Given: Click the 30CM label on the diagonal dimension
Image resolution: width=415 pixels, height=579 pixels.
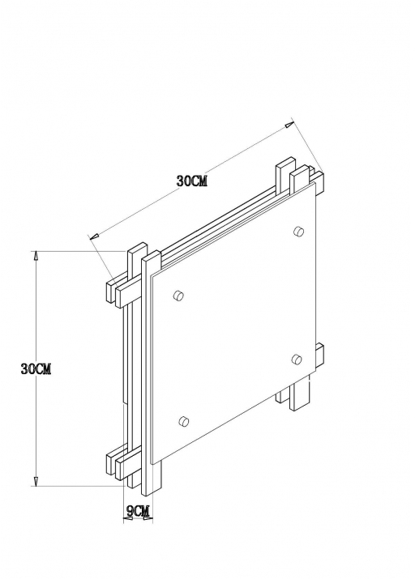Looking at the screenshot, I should (x=192, y=181).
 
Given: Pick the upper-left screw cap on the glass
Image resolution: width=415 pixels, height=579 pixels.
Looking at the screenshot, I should (x=180, y=296).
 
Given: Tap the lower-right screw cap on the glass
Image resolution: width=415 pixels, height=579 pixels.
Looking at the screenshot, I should (x=296, y=359).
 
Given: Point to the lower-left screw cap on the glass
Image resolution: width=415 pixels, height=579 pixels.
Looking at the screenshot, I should (x=184, y=420).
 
